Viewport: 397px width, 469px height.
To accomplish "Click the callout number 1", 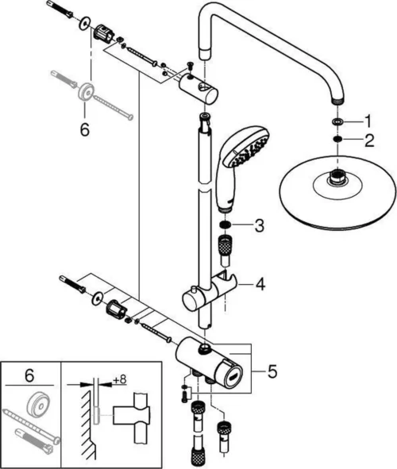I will pyautogui.click(x=367, y=121).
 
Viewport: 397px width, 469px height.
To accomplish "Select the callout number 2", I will pyautogui.click(x=367, y=140).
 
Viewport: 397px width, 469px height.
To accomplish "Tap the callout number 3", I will pyautogui.click(x=259, y=226).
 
